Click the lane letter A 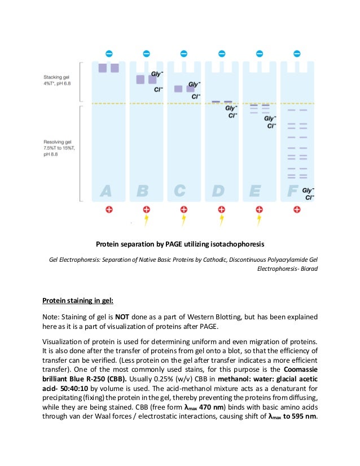106,191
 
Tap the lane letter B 143,191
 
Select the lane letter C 180,191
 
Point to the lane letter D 218,191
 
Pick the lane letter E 255,191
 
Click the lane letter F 292,191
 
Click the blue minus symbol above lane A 109,53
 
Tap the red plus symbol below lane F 297,210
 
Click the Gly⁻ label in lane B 158,73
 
